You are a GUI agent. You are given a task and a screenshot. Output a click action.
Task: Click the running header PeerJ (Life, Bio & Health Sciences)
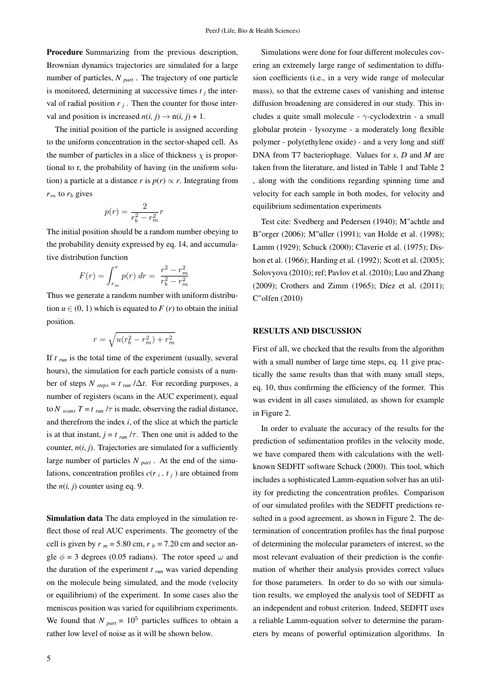245,30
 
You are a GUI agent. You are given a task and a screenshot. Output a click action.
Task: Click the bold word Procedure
65,52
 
